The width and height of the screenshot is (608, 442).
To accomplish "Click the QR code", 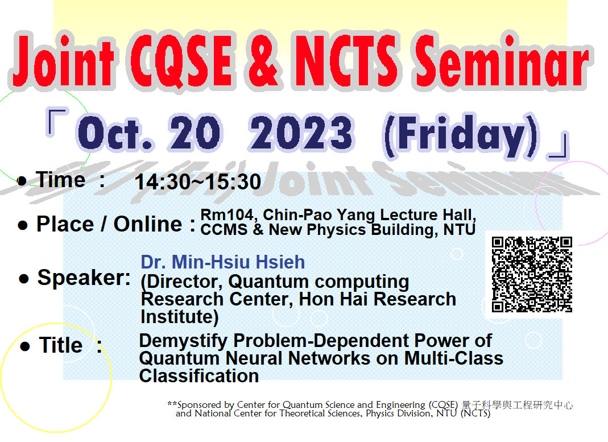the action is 532,275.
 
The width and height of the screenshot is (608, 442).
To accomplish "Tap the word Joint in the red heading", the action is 64,61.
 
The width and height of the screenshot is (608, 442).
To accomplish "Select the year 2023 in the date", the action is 301,133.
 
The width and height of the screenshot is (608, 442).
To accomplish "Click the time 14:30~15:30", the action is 198,182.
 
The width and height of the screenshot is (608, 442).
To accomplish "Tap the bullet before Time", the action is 22,180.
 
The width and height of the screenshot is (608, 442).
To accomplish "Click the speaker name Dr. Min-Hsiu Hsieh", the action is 222,262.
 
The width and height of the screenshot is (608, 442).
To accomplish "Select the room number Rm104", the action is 227,215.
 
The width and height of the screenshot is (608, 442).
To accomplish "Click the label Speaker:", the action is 84,278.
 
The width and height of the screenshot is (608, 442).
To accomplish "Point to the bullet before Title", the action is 25,346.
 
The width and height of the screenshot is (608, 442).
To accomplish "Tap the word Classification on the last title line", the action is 199,375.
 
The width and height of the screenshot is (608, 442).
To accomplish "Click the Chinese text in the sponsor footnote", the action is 517,405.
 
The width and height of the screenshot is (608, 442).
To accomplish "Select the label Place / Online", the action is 109,224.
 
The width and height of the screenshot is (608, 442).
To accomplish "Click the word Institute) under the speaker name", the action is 180,317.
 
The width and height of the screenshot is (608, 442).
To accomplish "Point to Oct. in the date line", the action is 115,133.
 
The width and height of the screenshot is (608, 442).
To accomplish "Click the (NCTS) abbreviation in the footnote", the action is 475,414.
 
